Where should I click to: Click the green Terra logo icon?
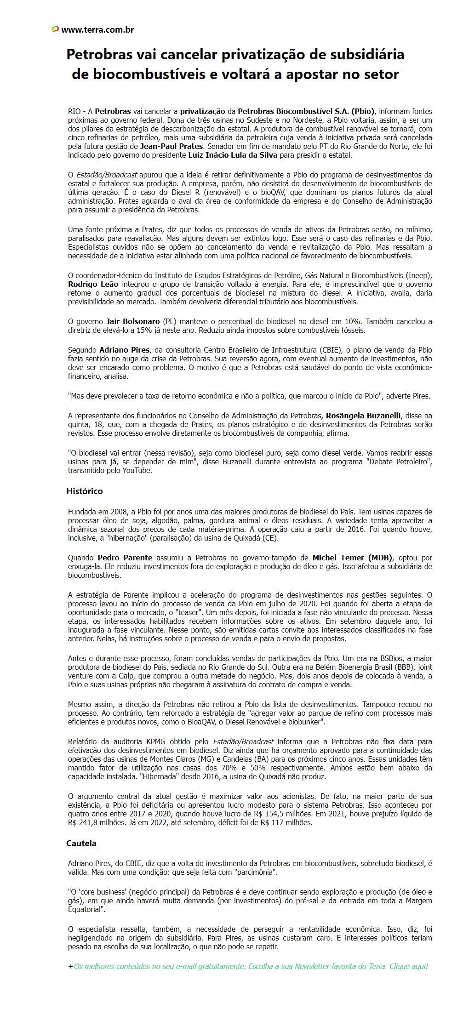coord(55,29)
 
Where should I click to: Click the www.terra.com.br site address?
coord(97,29)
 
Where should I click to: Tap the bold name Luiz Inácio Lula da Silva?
coord(233,155)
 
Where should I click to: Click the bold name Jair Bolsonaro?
coord(133,321)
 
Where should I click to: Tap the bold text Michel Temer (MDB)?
coord(352,558)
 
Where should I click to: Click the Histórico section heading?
coord(85,491)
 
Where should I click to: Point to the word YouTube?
coord(137,471)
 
